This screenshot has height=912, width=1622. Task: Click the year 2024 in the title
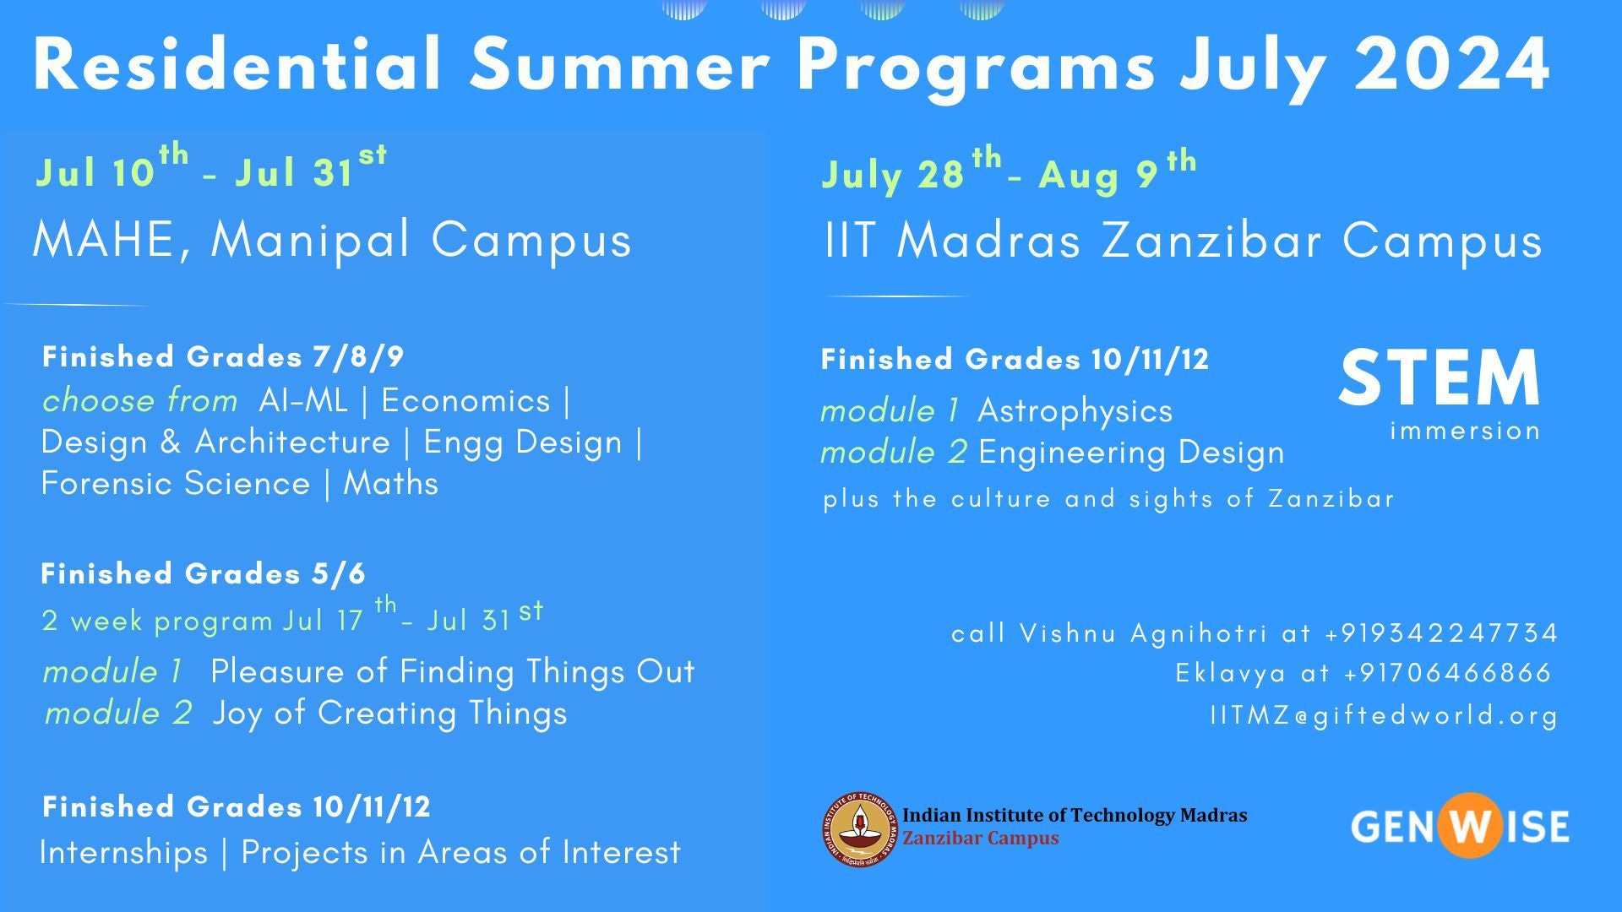pos(1452,64)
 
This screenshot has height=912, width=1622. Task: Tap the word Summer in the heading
pos(619,64)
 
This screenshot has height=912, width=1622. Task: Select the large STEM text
pos(1440,377)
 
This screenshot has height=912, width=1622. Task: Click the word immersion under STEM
pos(1466,431)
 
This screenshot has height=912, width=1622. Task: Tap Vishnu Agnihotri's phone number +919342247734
pos(1441,632)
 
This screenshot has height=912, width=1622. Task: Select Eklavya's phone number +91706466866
pos(1448,673)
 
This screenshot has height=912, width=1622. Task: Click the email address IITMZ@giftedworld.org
pos(1384,715)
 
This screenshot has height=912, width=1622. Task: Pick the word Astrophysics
pos(1075,411)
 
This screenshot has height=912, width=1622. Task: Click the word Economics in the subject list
pos(465,400)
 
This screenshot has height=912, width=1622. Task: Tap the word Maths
pos(391,483)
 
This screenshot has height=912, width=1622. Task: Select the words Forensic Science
pos(176,483)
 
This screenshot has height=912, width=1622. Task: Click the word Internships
pos(123,852)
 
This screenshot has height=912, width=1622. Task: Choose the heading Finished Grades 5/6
pos(204,574)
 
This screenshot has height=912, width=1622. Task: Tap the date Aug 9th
pos(1118,171)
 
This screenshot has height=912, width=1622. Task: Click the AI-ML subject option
pos(303,400)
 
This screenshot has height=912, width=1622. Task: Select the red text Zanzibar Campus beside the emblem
pos(980,839)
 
